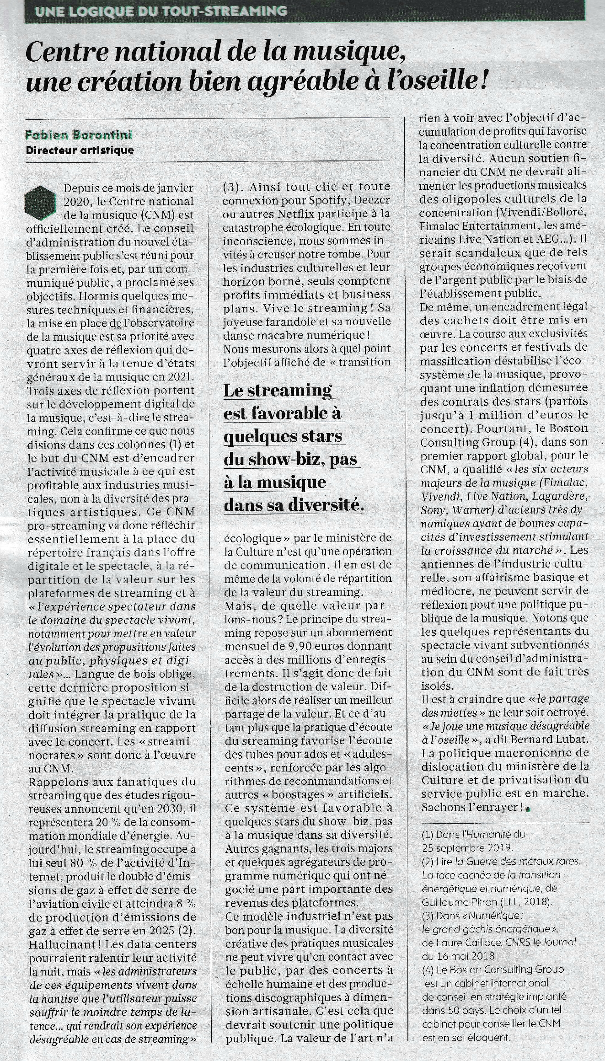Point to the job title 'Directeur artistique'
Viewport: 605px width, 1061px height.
coord(80,150)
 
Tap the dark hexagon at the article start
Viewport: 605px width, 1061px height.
coord(41,201)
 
